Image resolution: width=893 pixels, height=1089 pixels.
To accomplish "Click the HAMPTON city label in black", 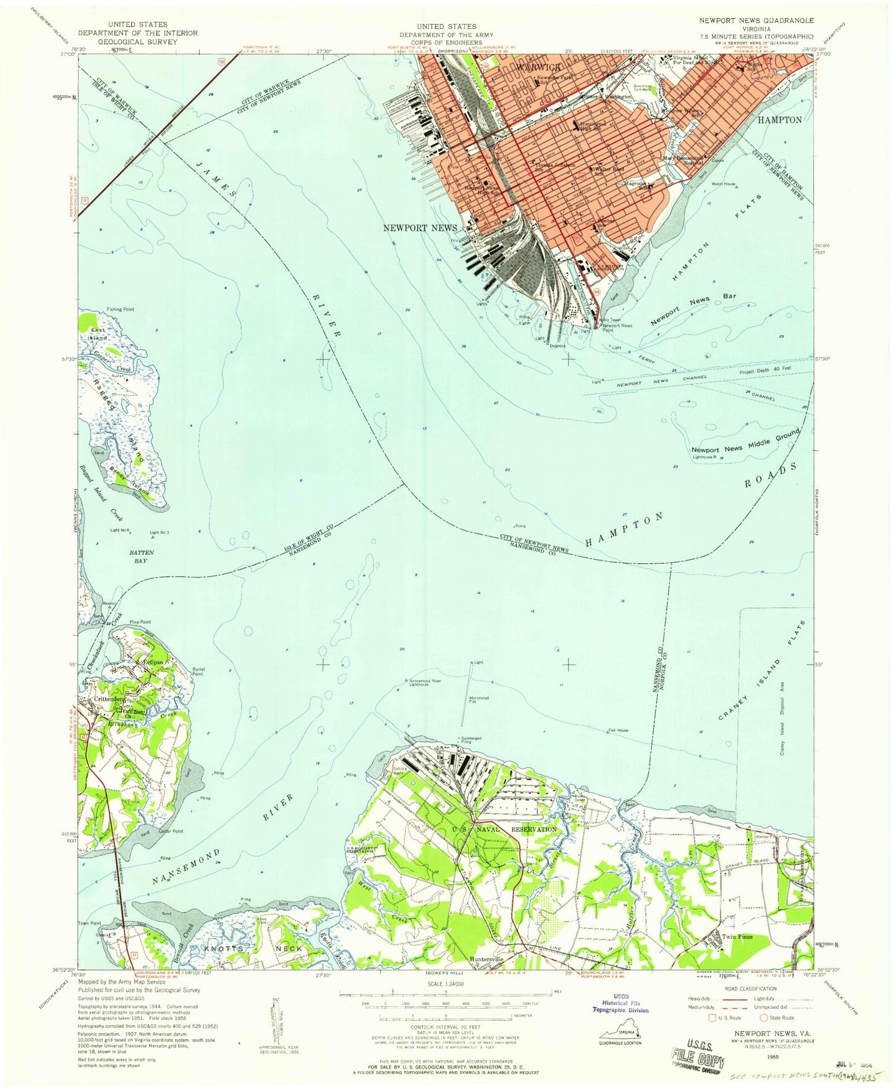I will (779, 120).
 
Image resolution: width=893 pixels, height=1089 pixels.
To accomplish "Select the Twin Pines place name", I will (737, 936).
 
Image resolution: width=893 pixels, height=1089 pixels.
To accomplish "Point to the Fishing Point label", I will (120, 309).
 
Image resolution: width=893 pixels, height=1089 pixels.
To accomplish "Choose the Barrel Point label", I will (198, 671).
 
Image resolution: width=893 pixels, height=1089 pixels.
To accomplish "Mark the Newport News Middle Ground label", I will (745, 443).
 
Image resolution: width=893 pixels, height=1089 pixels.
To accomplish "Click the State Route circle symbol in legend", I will (764, 1018).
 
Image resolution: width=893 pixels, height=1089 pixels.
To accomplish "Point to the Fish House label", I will (618, 730).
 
